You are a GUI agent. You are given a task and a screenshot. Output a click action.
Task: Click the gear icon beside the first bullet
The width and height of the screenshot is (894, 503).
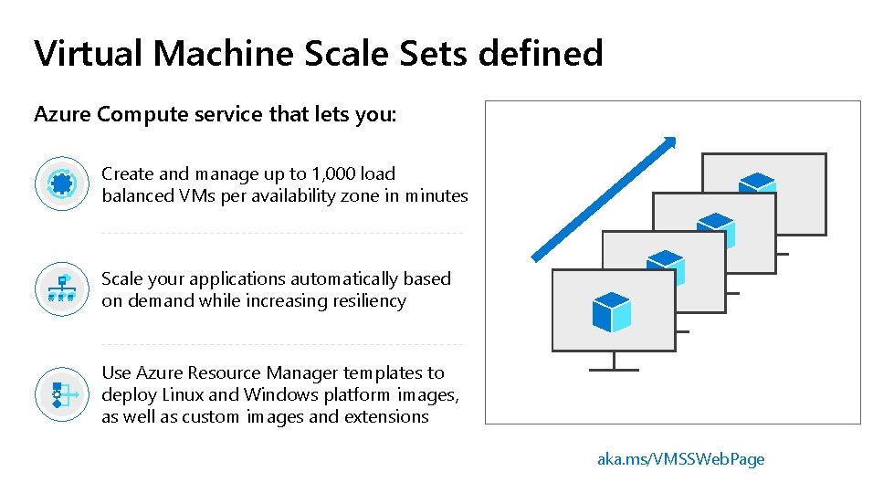[x=62, y=183]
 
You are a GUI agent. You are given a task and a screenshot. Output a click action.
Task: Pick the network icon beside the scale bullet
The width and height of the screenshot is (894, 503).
[x=62, y=288]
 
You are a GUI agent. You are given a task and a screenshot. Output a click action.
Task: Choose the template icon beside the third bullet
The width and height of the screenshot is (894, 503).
[x=62, y=394]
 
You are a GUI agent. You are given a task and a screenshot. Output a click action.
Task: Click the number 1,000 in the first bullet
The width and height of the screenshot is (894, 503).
[x=332, y=173]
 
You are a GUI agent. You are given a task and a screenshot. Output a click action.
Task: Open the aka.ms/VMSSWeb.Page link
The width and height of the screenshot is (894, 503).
[x=680, y=459]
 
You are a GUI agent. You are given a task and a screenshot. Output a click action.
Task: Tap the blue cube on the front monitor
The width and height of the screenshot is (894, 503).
[x=611, y=311]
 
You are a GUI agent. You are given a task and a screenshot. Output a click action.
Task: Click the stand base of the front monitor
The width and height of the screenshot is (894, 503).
[x=614, y=370]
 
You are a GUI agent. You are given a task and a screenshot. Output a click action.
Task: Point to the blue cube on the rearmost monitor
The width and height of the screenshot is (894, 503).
[x=757, y=183]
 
